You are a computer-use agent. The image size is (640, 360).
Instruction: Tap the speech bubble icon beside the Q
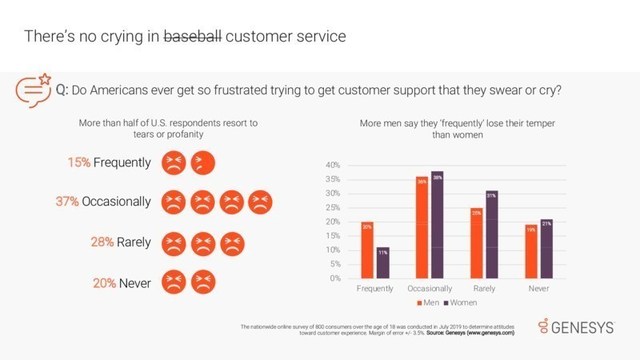(36, 89)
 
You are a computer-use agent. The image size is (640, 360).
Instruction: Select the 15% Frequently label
(109, 160)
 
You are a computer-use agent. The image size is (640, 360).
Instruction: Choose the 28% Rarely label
(114, 241)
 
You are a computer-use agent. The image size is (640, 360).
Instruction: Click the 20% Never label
(118, 281)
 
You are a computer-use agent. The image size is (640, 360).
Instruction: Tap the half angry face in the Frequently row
(200, 160)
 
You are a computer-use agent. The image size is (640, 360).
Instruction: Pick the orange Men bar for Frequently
(367, 250)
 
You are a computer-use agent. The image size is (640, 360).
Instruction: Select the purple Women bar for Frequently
(382, 262)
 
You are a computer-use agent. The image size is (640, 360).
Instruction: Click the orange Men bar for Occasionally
(422, 227)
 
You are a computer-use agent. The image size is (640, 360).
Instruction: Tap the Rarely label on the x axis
(485, 287)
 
